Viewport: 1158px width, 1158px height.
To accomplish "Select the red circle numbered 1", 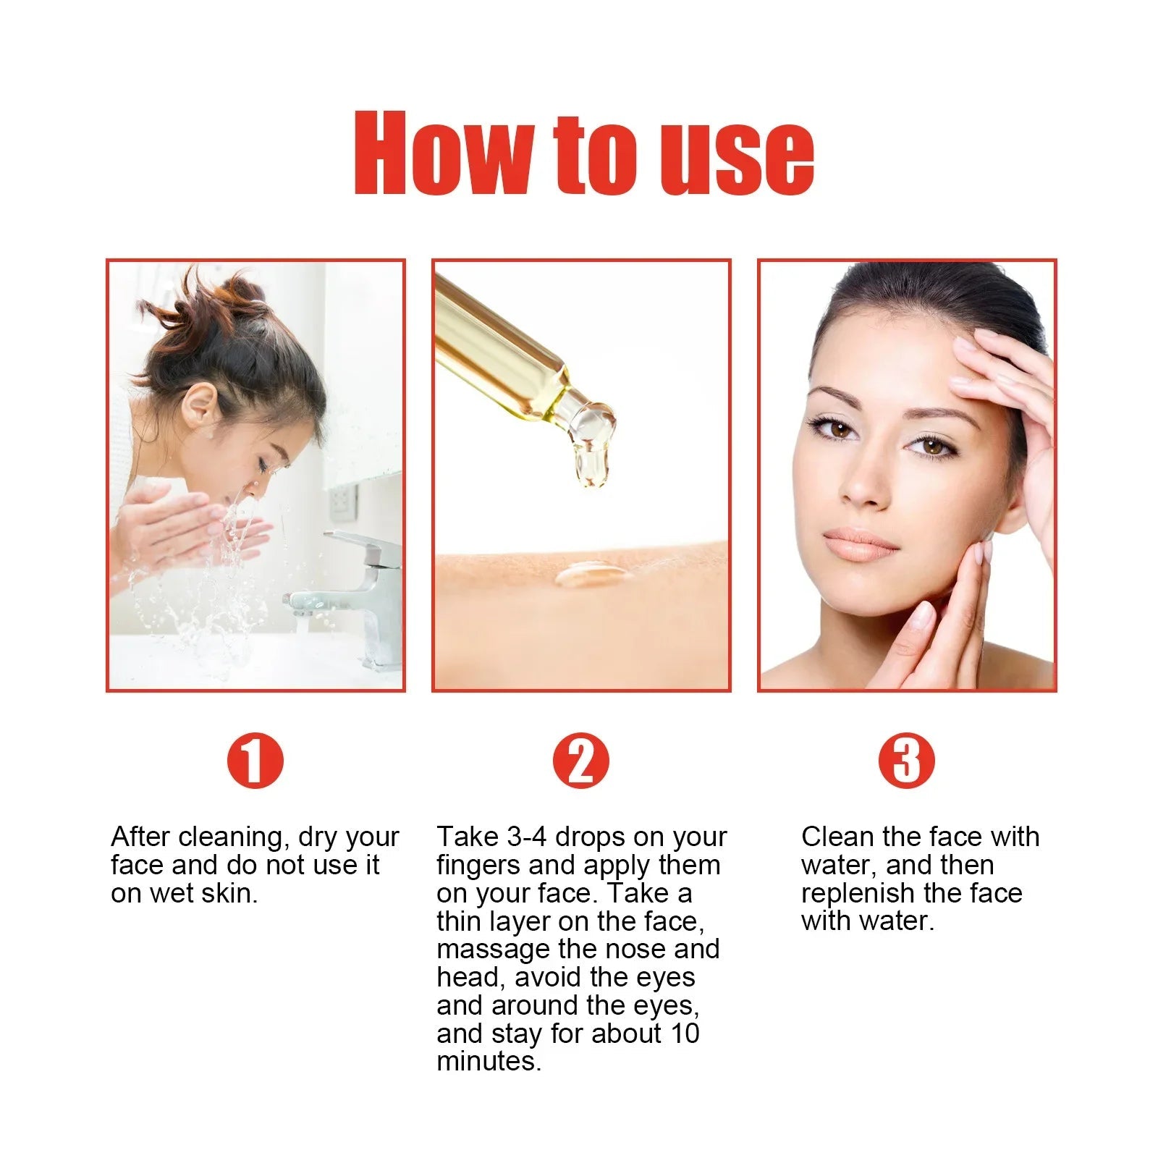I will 255,761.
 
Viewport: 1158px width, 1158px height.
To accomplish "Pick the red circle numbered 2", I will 580,761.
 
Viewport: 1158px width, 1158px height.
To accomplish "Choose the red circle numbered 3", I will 906,761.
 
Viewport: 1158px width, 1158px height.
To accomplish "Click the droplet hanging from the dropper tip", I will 591,463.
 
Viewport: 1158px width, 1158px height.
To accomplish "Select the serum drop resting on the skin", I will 591,575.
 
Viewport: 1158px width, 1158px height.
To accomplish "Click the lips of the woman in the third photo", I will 861,544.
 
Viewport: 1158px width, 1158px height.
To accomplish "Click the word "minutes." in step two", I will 489,1062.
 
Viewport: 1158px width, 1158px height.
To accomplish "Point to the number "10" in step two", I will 684,1034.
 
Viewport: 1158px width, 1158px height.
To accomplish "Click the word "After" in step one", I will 140,837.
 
